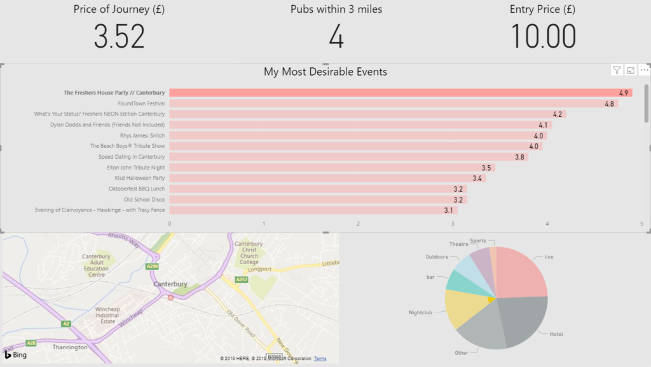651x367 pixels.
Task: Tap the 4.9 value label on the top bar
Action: [x=624, y=93]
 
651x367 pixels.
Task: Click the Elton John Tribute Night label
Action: [x=135, y=168]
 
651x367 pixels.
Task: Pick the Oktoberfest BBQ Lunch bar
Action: [x=318, y=189]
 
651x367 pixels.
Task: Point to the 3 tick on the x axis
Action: [x=453, y=224]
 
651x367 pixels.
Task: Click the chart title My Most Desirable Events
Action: [x=325, y=72]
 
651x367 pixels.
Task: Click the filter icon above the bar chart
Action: [x=617, y=70]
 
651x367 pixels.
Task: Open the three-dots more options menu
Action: [x=644, y=70]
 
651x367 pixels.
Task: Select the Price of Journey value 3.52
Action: [x=120, y=37]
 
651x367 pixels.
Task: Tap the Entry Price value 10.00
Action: [x=544, y=37]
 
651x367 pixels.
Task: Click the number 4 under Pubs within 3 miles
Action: [x=336, y=37]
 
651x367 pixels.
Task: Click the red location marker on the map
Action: [x=170, y=297]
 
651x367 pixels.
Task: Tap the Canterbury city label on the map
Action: [x=170, y=284]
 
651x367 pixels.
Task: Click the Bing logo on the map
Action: [x=16, y=354]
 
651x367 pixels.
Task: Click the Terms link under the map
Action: [x=320, y=359]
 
